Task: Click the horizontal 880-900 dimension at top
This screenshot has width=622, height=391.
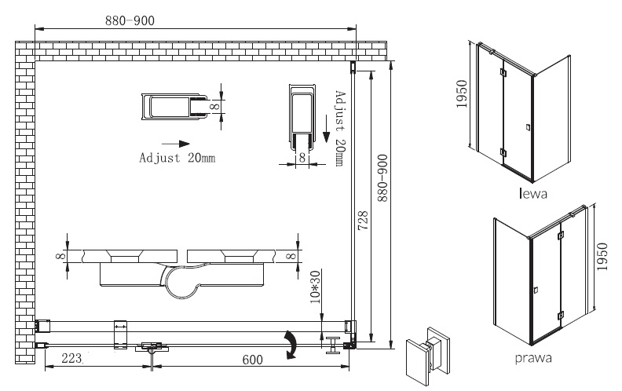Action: [x=130, y=20]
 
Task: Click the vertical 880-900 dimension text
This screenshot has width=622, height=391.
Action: [x=382, y=178]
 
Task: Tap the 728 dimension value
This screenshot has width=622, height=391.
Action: [x=363, y=221]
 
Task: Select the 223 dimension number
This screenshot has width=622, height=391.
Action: [x=71, y=359]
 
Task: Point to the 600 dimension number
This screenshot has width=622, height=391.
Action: [x=252, y=360]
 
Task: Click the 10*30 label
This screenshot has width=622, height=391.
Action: [x=316, y=287]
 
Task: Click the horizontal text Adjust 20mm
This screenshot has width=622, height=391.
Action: [x=177, y=158]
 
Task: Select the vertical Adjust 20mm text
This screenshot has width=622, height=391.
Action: [x=340, y=129]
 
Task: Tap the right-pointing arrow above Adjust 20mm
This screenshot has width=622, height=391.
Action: [x=176, y=144]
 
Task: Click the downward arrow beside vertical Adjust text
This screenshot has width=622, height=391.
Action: [x=326, y=129]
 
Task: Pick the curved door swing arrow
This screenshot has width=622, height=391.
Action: [x=291, y=345]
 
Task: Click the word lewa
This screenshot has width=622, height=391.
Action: [x=532, y=193]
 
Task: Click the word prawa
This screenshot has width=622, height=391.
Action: [x=533, y=358]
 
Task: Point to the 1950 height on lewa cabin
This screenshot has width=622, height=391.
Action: [x=462, y=94]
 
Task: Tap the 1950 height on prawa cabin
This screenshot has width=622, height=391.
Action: [x=602, y=257]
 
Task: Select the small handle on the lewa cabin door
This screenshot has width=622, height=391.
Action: [x=528, y=127]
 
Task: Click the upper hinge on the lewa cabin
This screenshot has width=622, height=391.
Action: [x=503, y=72]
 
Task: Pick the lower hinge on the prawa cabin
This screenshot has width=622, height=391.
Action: [x=560, y=316]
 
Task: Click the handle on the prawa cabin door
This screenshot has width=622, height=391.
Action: [x=535, y=291]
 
